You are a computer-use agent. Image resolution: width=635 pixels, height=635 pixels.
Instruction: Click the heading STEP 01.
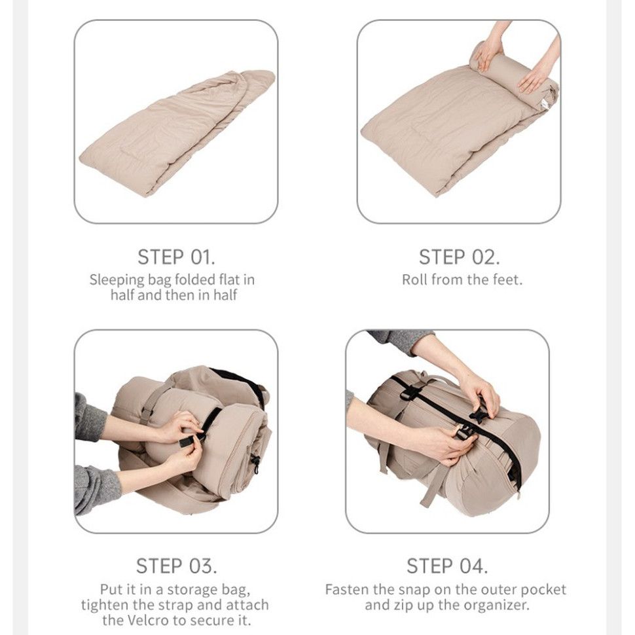point(176,257)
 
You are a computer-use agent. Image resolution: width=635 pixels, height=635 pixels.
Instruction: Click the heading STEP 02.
point(460,257)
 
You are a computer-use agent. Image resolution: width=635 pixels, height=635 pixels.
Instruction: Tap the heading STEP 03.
point(176,566)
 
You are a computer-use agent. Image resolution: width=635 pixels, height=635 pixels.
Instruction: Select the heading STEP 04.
point(447,566)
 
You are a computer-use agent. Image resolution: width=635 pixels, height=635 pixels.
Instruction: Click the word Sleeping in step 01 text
point(117,280)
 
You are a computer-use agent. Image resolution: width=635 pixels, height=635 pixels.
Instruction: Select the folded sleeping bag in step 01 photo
point(177,134)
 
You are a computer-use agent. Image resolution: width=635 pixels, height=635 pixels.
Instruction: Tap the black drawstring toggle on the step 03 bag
point(255,463)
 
